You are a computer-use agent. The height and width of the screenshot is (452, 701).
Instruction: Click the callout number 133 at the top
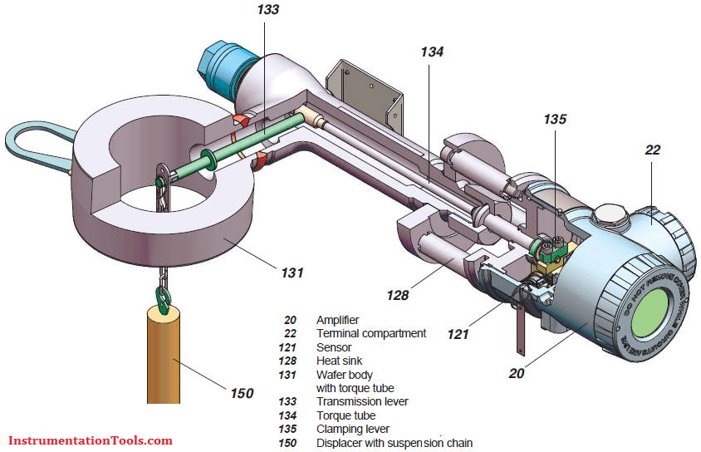click(268, 10)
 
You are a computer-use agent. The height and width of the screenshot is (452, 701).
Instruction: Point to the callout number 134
click(432, 52)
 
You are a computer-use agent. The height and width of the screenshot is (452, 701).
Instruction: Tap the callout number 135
click(555, 120)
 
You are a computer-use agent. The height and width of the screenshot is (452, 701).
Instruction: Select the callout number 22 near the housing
click(653, 150)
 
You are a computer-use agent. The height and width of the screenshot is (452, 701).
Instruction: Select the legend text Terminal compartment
click(370, 333)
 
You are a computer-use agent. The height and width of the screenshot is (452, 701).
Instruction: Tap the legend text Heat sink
click(339, 361)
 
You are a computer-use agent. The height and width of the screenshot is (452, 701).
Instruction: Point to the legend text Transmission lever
click(362, 402)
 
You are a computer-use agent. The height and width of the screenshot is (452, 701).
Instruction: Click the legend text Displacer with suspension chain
click(394, 443)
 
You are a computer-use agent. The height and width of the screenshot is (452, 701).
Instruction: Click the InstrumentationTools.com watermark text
click(91, 440)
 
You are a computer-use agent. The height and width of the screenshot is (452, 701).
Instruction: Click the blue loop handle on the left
click(33, 145)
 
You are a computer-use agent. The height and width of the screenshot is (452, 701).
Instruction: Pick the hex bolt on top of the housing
click(611, 217)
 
